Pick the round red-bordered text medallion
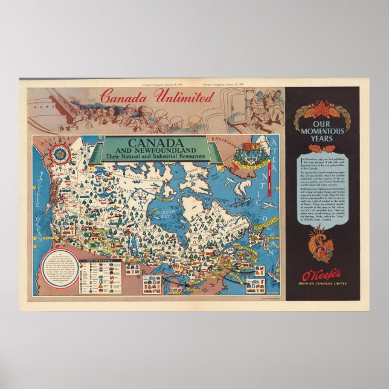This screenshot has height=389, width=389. [57, 271]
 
